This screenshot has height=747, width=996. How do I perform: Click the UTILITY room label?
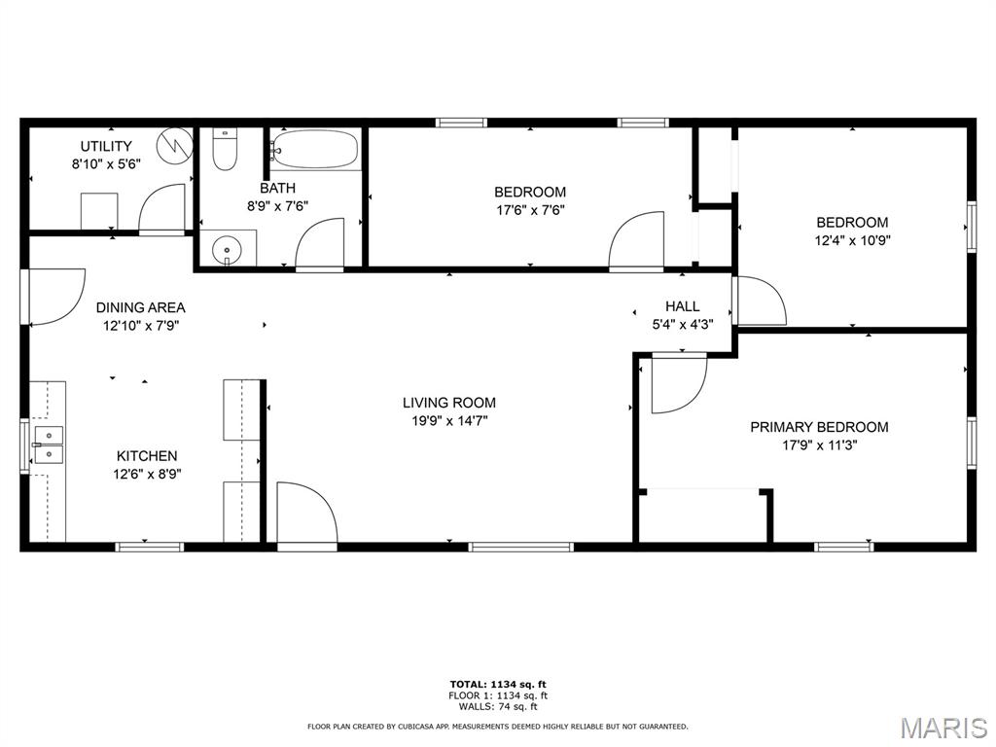[x=106, y=146]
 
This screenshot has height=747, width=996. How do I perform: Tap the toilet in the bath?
[x=225, y=149]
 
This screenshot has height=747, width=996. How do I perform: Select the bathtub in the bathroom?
[x=314, y=149]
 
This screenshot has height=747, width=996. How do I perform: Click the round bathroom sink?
[x=226, y=248]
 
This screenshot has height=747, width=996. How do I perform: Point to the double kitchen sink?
[x=49, y=445]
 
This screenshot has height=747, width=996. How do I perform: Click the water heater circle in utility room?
[x=175, y=146]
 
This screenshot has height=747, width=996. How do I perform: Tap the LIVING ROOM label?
[x=449, y=403]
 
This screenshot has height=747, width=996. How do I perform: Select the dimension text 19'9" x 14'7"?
[x=449, y=420]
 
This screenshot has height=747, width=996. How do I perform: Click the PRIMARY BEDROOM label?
[x=819, y=428]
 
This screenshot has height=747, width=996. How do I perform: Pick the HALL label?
[x=683, y=306]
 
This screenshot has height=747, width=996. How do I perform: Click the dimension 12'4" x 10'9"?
[x=852, y=241]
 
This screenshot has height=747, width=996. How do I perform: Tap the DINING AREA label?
[x=140, y=308]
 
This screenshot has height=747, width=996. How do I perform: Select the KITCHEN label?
[x=147, y=456]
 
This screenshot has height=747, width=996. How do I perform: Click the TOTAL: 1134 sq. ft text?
[x=498, y=684]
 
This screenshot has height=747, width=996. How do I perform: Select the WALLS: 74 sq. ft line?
[x=498, y=706]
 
